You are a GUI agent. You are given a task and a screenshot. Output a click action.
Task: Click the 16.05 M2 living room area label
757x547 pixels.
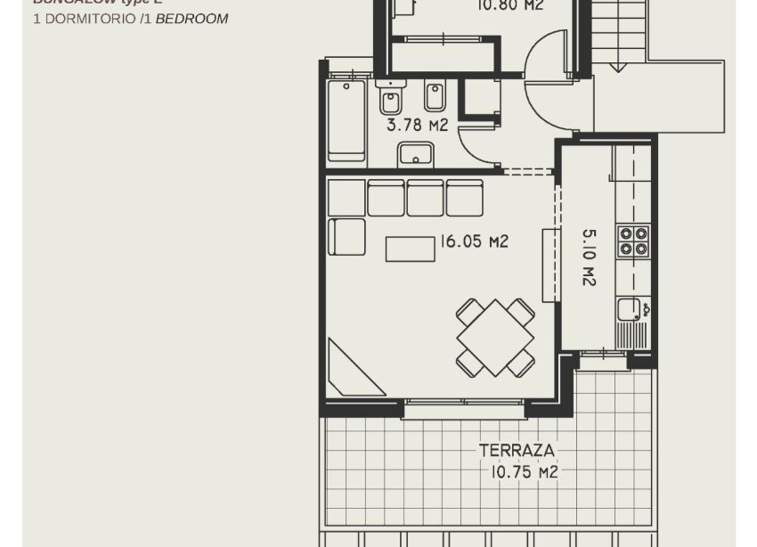(474, 241)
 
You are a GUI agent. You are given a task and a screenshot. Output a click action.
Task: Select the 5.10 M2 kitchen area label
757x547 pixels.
(588, 257)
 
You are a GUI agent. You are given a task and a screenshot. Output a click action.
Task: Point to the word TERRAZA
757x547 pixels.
(517, 450)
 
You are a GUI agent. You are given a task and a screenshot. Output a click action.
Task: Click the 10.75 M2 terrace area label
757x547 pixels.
(524, 472)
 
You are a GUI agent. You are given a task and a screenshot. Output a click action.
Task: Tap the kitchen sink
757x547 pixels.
(631, 310)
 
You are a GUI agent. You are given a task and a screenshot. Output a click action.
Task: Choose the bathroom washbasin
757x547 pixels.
(416, 155)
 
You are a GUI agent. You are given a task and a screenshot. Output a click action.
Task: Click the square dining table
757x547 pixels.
(495, 338)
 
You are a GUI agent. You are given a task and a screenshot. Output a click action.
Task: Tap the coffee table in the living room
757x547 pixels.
(411, 249)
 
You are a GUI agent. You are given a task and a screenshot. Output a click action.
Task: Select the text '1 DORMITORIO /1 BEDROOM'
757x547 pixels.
(130, 19)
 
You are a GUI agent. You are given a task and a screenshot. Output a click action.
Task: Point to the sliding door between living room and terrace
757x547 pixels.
(463, 409)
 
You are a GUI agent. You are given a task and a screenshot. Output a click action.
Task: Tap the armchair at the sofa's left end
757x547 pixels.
(346, 236)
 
